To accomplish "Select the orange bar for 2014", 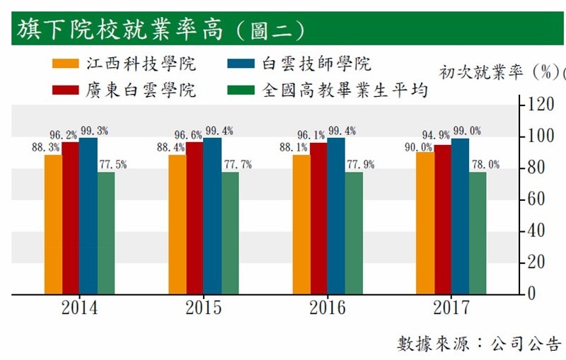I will tap(53, 223).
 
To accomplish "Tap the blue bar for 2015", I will tap(212, 216).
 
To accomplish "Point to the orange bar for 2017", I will tap(424, 222).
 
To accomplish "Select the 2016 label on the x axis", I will tap(327, 308).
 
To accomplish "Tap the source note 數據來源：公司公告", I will tap(478, 344).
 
